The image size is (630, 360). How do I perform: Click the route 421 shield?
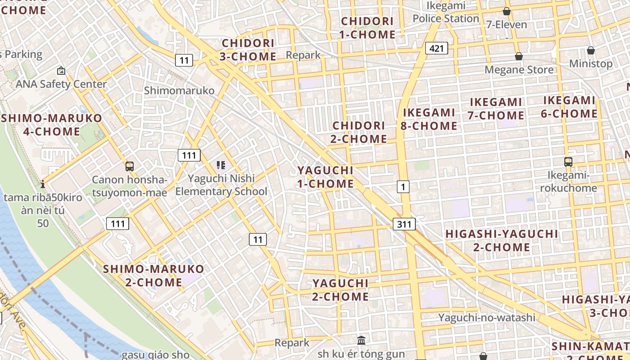[436, 48]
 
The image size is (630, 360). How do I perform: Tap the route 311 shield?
[404, 224]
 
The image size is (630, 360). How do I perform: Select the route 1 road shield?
[403, 186]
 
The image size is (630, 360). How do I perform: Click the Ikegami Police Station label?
[445, 12]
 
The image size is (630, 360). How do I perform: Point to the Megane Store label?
[519, 70]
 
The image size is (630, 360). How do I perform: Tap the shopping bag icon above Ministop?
[590, 50]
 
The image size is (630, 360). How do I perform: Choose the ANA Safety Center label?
[61, 84]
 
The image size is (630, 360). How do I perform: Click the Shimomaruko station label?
[179, 90]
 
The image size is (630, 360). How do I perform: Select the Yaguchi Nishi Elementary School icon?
[220, 165]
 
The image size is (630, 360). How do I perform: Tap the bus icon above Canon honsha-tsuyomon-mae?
[129, 166]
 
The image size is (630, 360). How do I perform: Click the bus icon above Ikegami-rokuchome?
[568, 162]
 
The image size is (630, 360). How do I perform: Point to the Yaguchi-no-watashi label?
[487, 318]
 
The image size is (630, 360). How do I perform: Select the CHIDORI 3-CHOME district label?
[247, 50]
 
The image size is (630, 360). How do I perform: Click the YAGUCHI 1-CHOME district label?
[325, 177]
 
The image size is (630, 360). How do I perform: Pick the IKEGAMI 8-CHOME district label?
[428, 119]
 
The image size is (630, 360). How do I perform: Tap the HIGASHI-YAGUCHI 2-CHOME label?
[501, 240]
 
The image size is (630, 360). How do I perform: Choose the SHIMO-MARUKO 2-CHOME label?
[153, 276]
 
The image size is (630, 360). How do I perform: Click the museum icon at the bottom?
[361, 340]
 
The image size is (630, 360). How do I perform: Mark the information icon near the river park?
[43, 184]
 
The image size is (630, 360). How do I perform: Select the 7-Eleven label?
[506, 25]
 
